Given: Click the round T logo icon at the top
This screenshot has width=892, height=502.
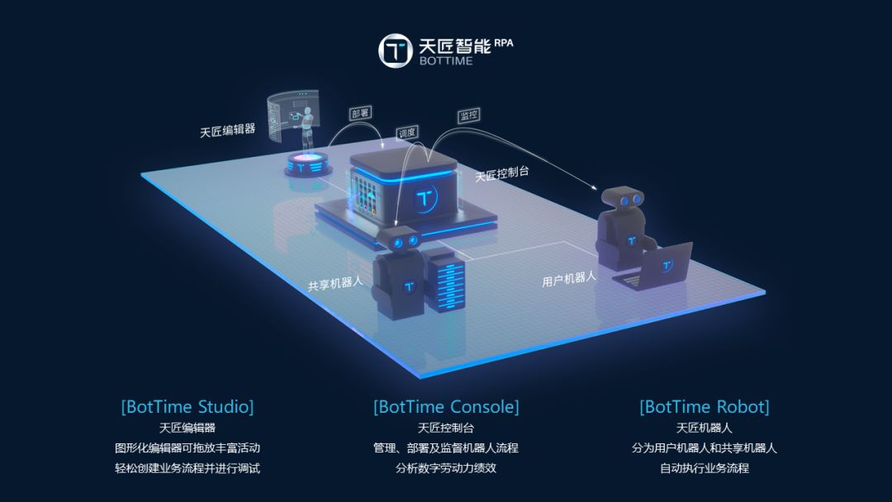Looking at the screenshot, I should [x=395, y=51].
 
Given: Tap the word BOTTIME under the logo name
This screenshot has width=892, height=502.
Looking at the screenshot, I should [x=446, y=61].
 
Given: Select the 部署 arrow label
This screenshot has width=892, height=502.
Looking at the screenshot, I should [x=360, y=114].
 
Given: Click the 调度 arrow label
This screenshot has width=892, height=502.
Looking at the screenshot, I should [x=406, y=132].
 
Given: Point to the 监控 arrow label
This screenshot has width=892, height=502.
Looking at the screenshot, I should [x=468, y=116].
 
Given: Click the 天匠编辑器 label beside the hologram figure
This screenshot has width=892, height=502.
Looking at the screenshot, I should [x=227, y=130].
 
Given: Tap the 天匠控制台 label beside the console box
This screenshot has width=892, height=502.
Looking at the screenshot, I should [x=501, y=174].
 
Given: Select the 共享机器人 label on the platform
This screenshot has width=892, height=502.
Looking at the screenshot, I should [x=335, y=283].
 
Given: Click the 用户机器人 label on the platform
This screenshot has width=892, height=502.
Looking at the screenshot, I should [x=569, y=278].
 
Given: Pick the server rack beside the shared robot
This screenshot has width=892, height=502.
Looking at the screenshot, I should [x=444, y=278].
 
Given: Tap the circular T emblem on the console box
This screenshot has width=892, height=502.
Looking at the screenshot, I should [x=425, y=199].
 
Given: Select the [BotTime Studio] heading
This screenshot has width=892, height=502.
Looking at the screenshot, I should [x=187, y=407].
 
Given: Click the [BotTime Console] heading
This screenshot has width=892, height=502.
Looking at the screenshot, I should [x=446, y=407].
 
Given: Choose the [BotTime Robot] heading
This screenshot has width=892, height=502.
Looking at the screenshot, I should [x=704, y=407].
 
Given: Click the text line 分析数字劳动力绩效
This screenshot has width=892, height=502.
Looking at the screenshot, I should [x=446, y=468].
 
